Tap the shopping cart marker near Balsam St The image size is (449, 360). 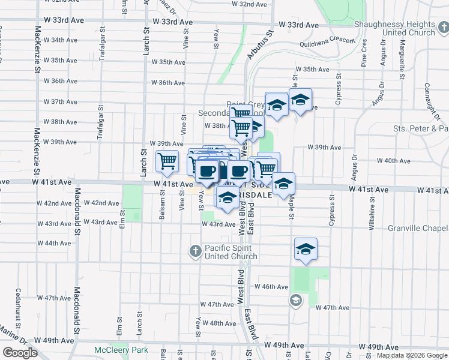[167, 161]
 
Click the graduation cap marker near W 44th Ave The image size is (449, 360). [306, 249]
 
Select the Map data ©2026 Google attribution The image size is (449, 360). [412, 355]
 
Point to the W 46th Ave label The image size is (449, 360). [272, 287]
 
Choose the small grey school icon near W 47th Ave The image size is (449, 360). [295, 299]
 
